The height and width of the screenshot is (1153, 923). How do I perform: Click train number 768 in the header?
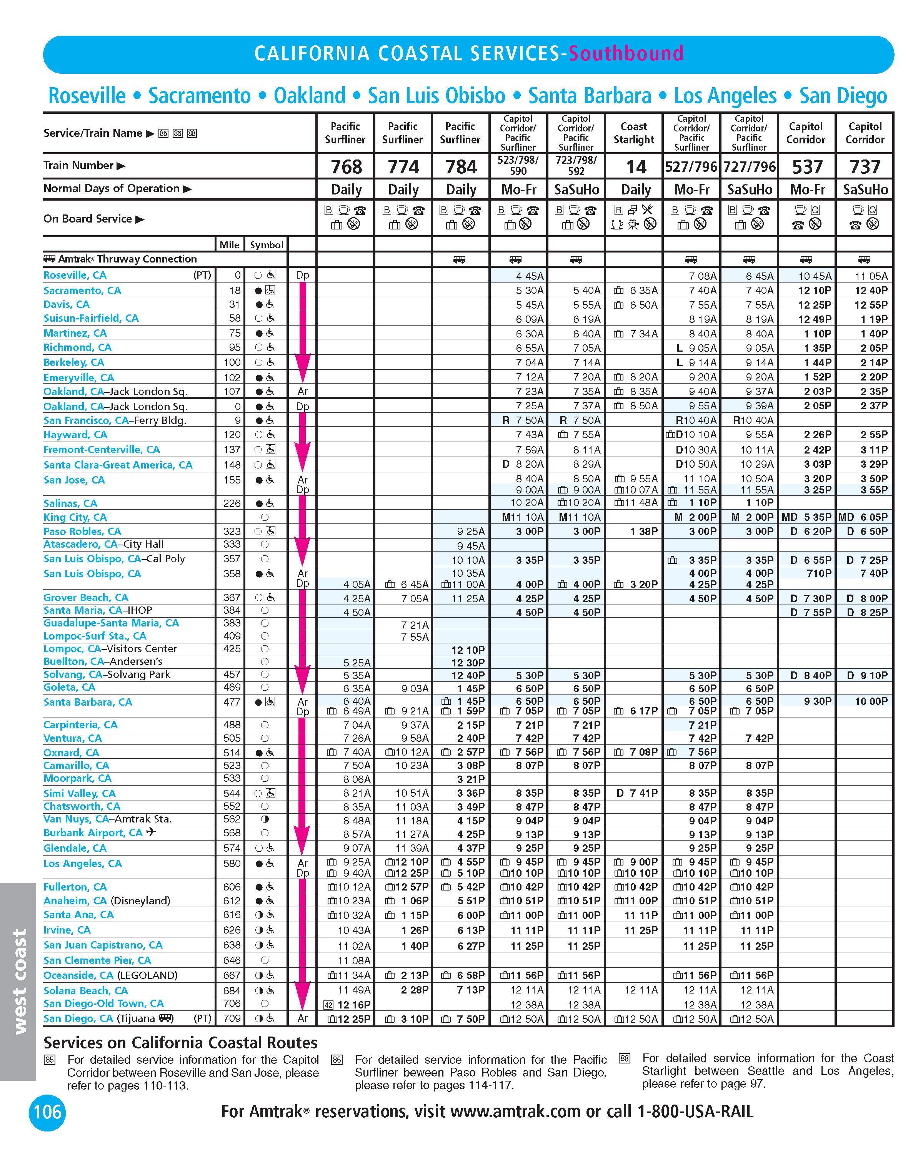click(346, 167)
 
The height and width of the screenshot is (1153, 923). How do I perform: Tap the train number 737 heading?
click(865, 167)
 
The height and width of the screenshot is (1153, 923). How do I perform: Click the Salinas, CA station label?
click(70, 503)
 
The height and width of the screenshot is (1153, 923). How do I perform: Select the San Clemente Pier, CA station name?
click(97, 960)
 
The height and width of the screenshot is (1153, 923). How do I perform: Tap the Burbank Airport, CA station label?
click(93, 833)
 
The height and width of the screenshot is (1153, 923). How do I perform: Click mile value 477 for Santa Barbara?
click(232, 702)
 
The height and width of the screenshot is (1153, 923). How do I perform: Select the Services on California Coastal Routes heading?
click(180, 1042)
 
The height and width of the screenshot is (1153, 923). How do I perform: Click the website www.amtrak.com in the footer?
click(515, 1112)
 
